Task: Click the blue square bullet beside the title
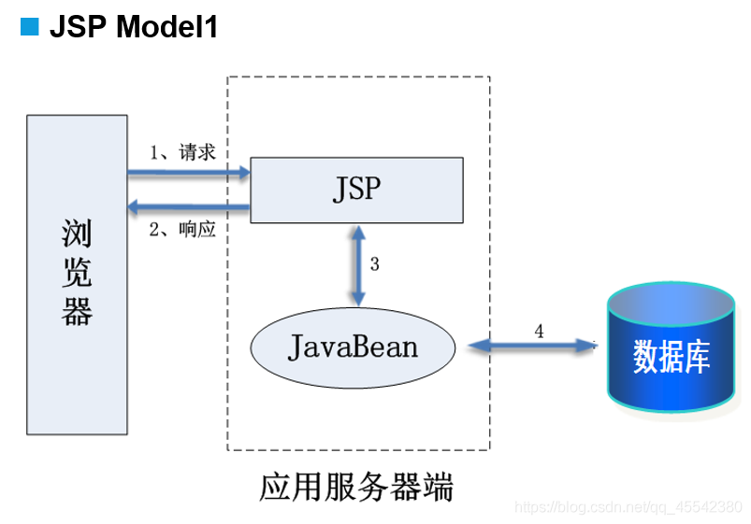[x=29, y=26]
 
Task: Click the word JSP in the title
[x=78, y=26]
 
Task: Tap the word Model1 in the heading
[x=167, y=26]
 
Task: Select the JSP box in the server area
[x=357, y=190]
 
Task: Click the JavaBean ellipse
[x=353, y=347]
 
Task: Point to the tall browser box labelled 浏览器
[x=77, y=275]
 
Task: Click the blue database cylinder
[x=671, y=347]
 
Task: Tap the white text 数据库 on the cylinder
[x=671, y=357]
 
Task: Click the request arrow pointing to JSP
[x=189, y=173]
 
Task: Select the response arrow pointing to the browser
[x=189, y=206]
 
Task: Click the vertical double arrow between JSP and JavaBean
[x=358, y=265]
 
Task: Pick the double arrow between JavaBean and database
[x=532, y=346]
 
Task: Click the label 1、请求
[x=182, y=152]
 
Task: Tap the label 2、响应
[x=182, y=229]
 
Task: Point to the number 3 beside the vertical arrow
[x=374, y=264]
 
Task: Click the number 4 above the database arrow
[x=539, y=332]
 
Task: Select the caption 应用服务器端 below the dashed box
[x=356, y=487]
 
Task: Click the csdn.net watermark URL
[x=628, y=507]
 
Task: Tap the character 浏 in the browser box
[x=77, y=234]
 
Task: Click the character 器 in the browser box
[x=77, y=312]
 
